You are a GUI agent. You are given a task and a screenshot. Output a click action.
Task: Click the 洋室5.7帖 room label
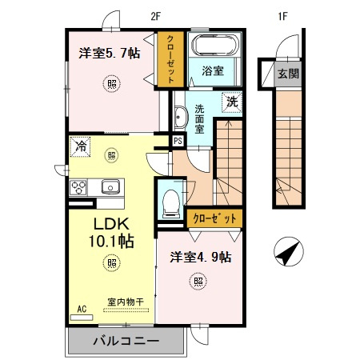pos(109,54)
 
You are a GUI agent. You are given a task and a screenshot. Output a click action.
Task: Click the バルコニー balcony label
pos(125,340)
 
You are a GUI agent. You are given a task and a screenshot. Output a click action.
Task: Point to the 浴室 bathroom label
pos(212,71)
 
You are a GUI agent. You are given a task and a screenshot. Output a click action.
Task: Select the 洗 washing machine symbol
pos(230,102)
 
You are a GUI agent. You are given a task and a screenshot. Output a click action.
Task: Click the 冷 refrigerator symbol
pos(80,146)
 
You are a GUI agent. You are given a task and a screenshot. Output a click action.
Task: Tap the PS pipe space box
pos(178,141)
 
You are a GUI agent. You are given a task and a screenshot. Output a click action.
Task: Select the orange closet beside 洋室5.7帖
pos(170,58)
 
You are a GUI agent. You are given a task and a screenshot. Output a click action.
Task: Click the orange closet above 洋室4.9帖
pos(215,217)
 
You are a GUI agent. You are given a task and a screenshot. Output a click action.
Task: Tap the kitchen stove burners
pos(79,187)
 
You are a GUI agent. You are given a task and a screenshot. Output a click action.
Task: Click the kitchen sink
pos(109,187)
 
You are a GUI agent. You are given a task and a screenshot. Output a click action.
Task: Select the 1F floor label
pos(282,13)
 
